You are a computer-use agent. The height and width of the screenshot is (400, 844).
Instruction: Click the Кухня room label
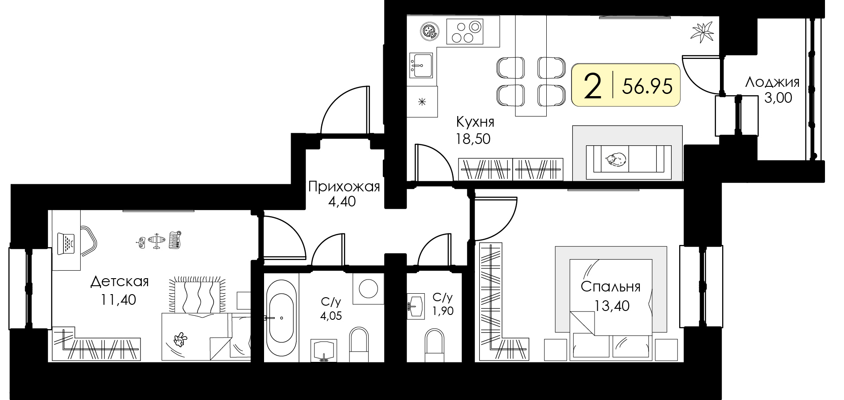pyautogui.click(x=475, y=121)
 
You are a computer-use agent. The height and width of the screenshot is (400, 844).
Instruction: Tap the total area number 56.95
pyautogui.click(x=647, y=86)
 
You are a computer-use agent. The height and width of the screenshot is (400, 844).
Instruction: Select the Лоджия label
pyautogui.click(x=772, y=82)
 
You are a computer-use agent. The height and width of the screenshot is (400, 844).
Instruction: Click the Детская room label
pyautogui.click(x=119, y=282)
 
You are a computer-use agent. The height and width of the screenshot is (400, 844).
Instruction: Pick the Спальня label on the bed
pyautogui.click(x=611, y=287)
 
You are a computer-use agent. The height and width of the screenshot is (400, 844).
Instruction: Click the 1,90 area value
pyautogui.click(x=443, y=311)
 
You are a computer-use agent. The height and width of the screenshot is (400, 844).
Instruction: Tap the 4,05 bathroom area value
pyautogui.click(x=331, y=316)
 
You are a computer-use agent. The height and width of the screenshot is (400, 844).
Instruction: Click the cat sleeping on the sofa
pyautogui.click(x=616, y=159)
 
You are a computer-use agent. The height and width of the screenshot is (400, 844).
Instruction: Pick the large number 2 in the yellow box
pyautogui.click(x=593, y=87)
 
